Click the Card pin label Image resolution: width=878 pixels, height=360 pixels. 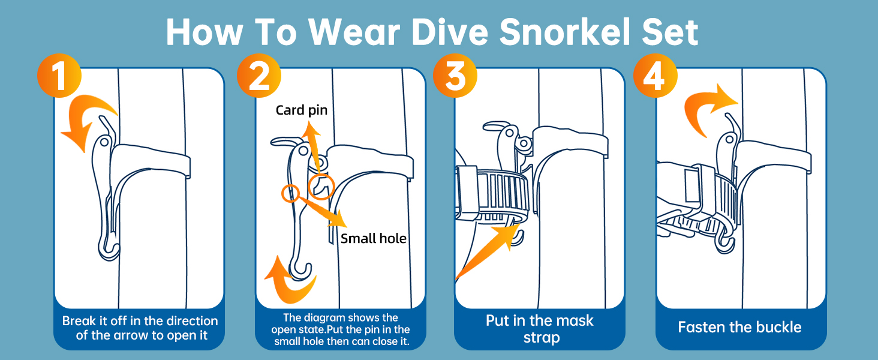(x=302, y=110)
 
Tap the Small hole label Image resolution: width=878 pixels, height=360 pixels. (x=374, y=239)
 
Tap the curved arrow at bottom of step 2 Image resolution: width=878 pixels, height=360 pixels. (x=288, y=279)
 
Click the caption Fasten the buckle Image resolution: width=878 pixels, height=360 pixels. (x=739, y=327)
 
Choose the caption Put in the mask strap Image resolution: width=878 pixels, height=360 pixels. (x=539, y=329)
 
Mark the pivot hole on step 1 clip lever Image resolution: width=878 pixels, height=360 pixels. (x=104, y=142)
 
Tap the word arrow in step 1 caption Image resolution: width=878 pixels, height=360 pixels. (x=131, y=335)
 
